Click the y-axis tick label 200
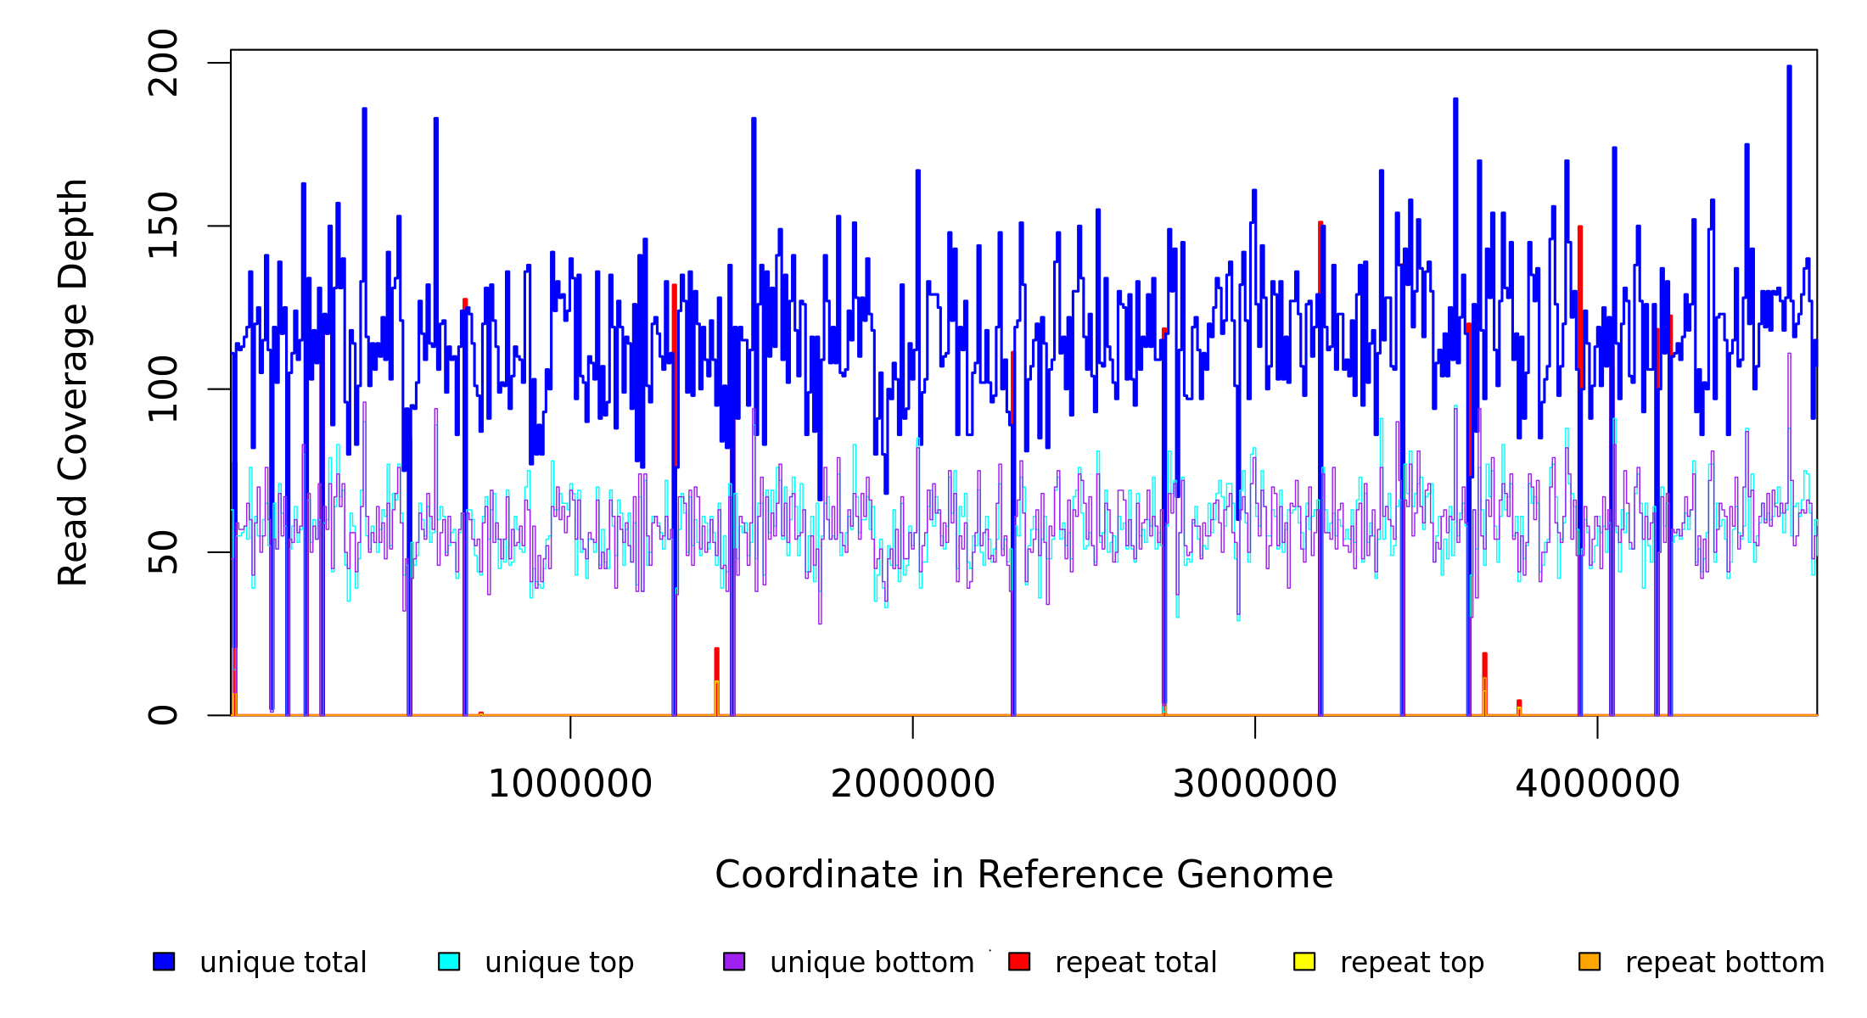[x=163, y=63]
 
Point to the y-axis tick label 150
[x=163, y=226]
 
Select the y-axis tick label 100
[x=163, y=389]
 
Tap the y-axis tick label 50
[x=163, y=552]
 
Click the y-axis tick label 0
[x=163, y=715]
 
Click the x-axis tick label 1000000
[x=569, y=784]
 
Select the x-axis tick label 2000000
[x=912, y=784]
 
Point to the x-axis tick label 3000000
[x=1254, y=784]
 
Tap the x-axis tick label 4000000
[x=1597, y=784]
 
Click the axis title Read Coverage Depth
[x=73, y=383]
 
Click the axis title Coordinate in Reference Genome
[x=1023, y=875]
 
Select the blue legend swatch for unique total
[x=164, y=961]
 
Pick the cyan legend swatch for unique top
[x=449, y=961]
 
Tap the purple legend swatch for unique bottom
[x=734, y=961]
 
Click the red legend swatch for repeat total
[x=1019, y=961]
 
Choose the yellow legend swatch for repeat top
[x=1304, y=961]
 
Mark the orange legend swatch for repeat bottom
[x=1589, y=961]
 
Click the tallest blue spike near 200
[x=1789, y=68]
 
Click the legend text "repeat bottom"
[x=1724, y=963]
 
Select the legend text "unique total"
[x=283, y=963]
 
